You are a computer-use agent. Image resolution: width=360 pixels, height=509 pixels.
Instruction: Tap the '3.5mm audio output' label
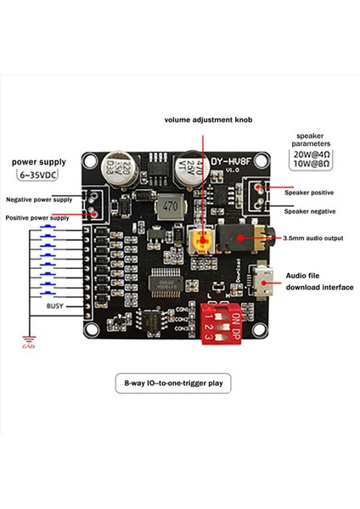[312, 239]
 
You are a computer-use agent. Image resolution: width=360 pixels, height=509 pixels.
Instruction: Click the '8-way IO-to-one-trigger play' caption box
[179, 385]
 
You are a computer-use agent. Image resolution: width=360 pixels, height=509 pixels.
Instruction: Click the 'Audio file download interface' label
[318, 281]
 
